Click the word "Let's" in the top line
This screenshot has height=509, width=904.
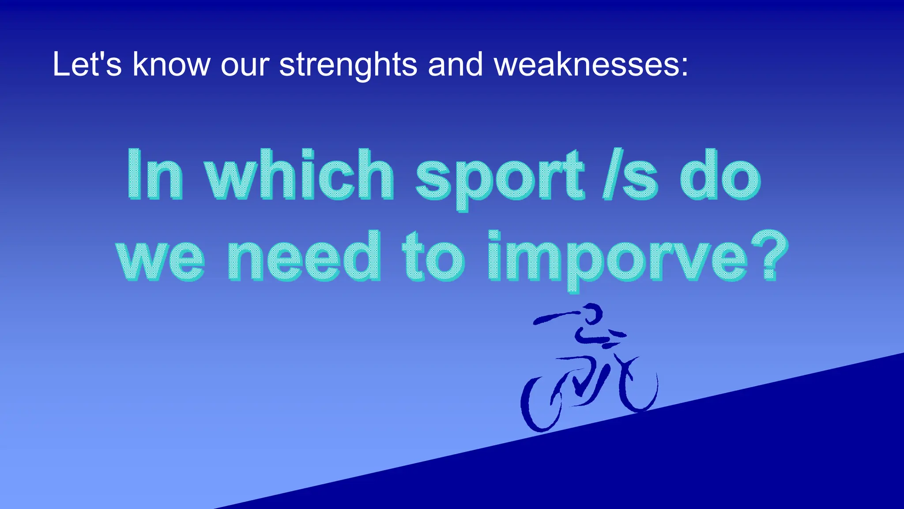[87, 65]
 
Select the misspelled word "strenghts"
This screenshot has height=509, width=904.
[348, 65]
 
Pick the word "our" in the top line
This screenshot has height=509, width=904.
[245, 65]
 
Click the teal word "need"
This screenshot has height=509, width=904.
[304, 256]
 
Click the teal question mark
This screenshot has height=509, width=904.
[768, 254]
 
